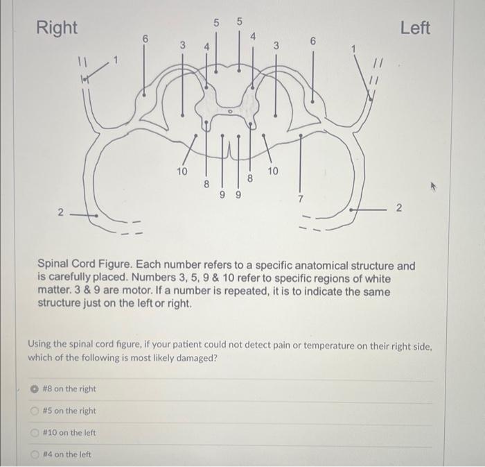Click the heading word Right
pyautogui.click(x=57, y=28)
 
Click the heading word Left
pyautogui.click(x=415, y=28)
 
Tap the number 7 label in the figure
pyautogui.click(x=301, y=200)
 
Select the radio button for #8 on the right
pyautogui.click(x=33, y=389)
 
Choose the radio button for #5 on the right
pyautogui.click(x=33, y=411)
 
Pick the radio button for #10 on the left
pyautogui.click(x=33, y=433)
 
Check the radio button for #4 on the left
pyautogui.click(x=33, y=455)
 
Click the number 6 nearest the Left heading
pyautogui.click(x=312, y=42)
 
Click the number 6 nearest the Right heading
pyautogui.click(x=145, y=40)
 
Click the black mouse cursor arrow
pyautogui.click(x=434, y=187)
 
